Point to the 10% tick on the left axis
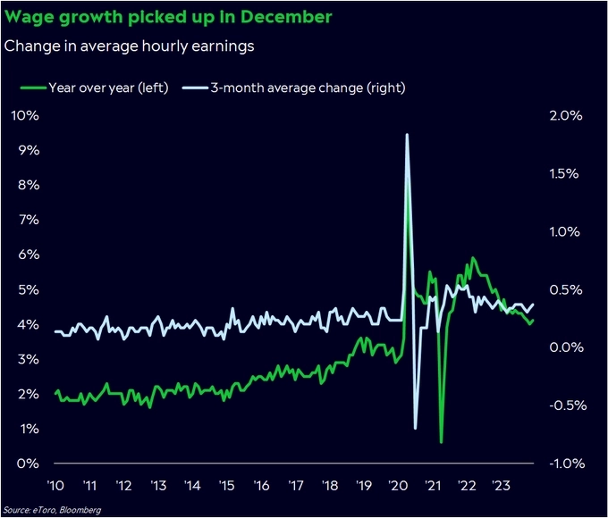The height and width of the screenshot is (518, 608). [x=24, y=116]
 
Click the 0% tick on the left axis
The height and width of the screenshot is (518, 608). [x=27, y=464]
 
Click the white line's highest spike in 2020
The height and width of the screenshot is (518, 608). [x=407, y=135]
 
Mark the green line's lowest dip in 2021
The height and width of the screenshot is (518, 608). [x=441, y=441]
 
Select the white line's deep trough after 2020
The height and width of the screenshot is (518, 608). [x=416, y=428]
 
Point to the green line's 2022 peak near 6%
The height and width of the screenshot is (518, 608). [x=472, y=259]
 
